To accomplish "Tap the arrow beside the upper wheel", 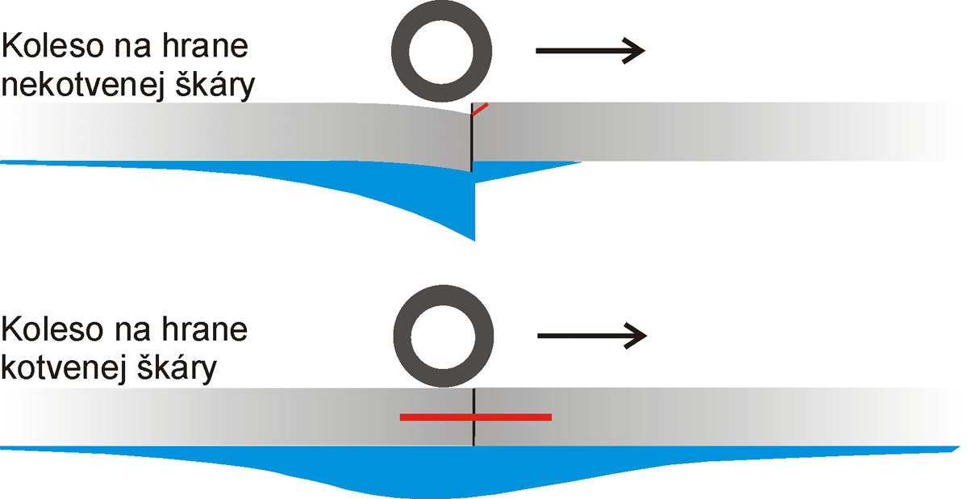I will pos(590,51).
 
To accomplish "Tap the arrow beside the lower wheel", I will pos(592,334).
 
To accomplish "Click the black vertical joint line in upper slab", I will pos(471,141).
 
